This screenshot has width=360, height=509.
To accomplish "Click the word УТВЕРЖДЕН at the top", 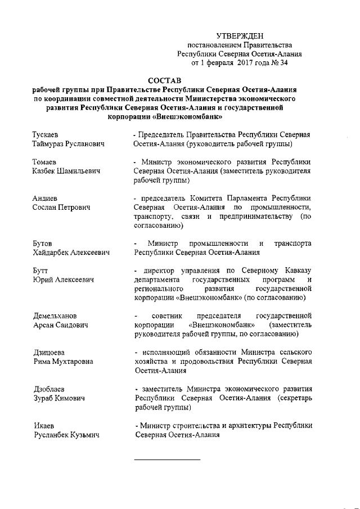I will pos(240,35).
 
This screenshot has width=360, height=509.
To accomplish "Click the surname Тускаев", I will pos(48,135).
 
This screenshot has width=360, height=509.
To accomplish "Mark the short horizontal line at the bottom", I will pos(167,460).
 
